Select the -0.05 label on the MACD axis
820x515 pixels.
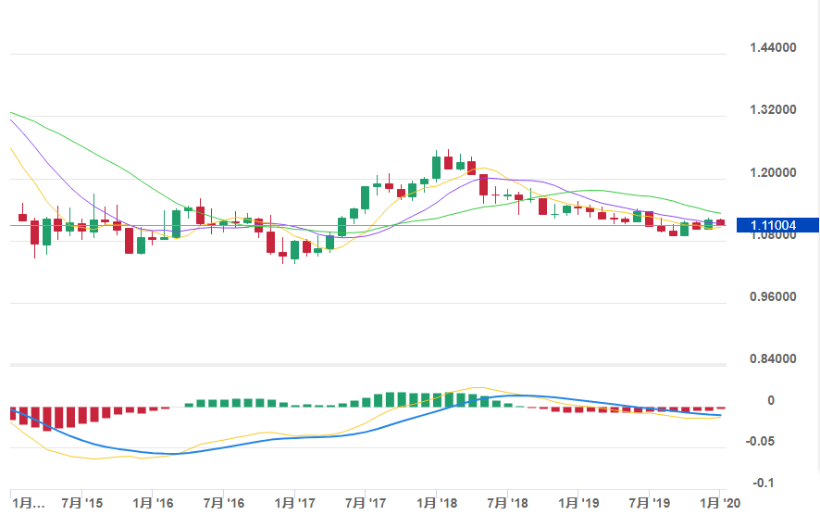pyautogui.click(x=762, y=441)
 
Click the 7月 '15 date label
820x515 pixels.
pyautogui.click(x=81, y=503)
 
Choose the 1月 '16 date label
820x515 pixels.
pyautogui.click(x=153, y=503)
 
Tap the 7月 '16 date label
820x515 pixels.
pyautogui.click(x=223, y=503)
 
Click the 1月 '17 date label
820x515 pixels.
pyautogui.click(x=294, y=503)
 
